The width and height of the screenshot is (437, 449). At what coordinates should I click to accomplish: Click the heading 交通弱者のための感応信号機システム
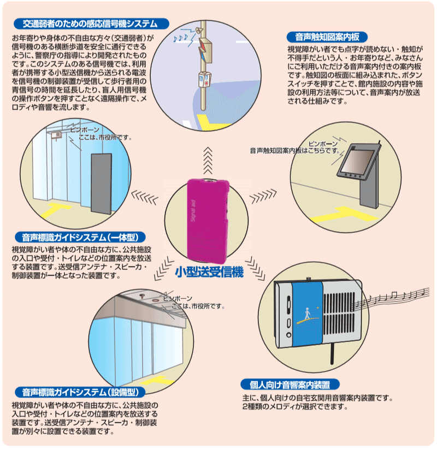coord(91,24)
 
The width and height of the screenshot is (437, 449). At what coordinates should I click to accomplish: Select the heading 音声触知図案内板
coord(327,37)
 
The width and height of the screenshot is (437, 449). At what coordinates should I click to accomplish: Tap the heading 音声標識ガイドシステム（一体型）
coord(80,238)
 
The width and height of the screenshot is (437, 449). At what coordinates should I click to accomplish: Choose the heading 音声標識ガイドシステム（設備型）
coord(80,392)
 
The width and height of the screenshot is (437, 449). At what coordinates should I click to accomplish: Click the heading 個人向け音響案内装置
coord(290,385)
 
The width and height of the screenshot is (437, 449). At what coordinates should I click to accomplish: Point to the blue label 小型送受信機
coord(209,272)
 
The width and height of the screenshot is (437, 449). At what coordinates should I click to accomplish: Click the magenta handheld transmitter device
coord(208,221)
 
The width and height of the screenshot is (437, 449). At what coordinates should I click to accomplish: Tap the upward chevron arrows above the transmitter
coord(208,161)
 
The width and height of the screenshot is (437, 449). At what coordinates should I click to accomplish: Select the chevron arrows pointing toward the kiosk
coord(263,196)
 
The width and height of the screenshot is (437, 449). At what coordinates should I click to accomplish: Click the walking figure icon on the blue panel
coord(308,314)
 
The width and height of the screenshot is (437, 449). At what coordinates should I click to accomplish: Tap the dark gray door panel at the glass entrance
coord(102,184)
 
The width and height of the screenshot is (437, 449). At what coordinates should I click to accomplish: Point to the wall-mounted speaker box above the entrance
coord(56,135)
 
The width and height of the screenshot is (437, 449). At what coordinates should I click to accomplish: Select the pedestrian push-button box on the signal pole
coord(205,79)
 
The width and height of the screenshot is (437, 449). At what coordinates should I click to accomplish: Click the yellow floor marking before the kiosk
coord(344,214)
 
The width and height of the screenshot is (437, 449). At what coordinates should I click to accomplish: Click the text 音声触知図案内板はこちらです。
coord(294,151)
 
